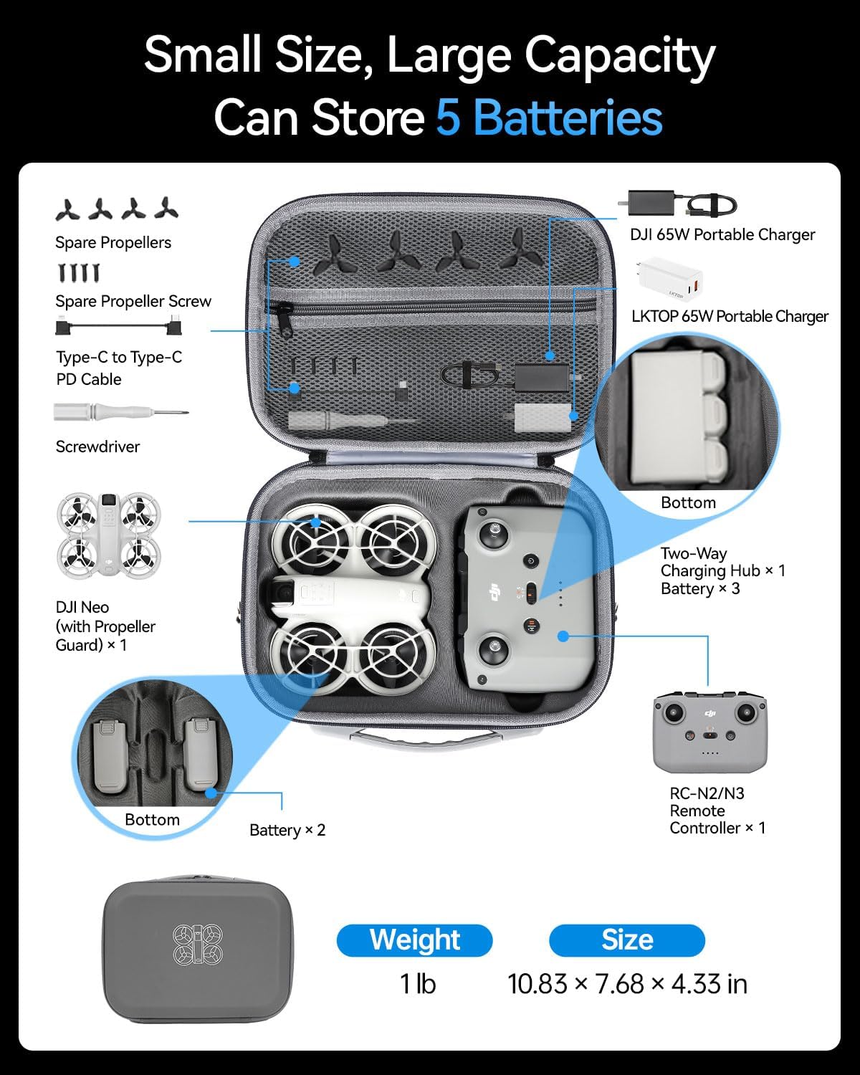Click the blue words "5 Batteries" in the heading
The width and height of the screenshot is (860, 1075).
549,118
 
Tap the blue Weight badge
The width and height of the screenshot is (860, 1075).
414,940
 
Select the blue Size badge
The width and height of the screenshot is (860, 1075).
626,940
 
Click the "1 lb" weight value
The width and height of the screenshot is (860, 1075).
417,984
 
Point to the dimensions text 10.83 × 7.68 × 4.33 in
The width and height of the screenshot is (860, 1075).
627,984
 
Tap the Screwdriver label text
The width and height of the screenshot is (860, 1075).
97,446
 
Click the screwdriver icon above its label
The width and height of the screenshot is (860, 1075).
120,413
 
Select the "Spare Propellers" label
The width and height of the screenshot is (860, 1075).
113,242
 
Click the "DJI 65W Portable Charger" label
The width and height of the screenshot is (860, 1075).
722,234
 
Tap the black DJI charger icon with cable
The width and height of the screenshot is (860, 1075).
681,205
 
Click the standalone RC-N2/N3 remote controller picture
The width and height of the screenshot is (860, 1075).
709,731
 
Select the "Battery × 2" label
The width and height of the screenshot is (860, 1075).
287,830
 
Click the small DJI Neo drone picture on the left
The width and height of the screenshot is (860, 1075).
109,534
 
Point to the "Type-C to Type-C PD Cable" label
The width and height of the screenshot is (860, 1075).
119,368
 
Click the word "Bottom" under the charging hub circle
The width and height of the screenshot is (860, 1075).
688,502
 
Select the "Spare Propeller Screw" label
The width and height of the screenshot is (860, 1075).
133,301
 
